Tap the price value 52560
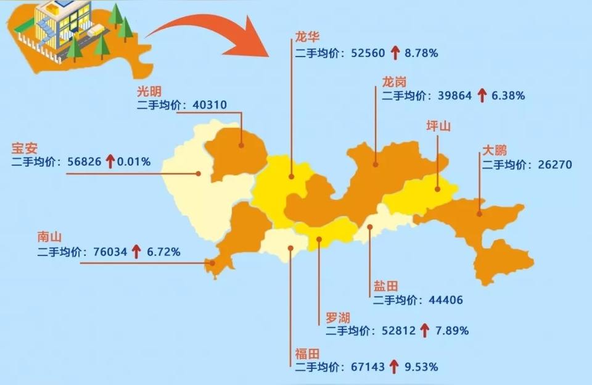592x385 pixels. coord(368,54)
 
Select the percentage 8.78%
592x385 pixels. coord(421,54)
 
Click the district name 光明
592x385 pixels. coord(151,90)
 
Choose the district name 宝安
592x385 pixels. coord(25,148)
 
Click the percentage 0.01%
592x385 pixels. coord(134,162)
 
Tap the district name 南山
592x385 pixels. coord(51,237)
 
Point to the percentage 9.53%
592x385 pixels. coord(421,367)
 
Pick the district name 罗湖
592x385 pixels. coord(338,317)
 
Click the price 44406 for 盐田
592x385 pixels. coord(446,300)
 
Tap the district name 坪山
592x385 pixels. coord(438,126)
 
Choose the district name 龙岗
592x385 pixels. coord(394,81)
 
